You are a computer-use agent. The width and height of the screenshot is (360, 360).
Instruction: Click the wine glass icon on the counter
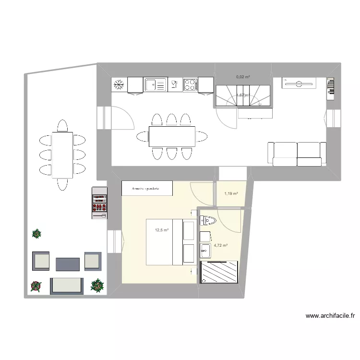click(174, 85)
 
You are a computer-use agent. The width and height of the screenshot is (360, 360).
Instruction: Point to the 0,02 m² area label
click(243, 76)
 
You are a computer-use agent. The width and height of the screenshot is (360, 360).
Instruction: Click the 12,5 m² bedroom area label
click(161, 230)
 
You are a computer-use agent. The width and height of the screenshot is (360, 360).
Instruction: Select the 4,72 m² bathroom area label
click(220, 245)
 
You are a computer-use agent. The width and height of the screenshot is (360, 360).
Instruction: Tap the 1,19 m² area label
click(231, 194)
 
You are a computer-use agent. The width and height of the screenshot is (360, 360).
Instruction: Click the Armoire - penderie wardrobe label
click(146, 189)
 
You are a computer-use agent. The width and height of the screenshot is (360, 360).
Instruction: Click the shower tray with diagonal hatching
click(219, 272)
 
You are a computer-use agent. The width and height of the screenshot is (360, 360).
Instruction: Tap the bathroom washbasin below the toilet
click(205, 249)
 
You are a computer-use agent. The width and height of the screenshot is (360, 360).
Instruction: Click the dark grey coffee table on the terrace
click(67, 264)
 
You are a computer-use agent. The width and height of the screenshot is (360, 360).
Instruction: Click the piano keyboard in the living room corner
click(330, 87)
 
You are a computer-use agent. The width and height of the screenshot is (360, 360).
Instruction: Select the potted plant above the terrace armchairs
click(36, 234)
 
